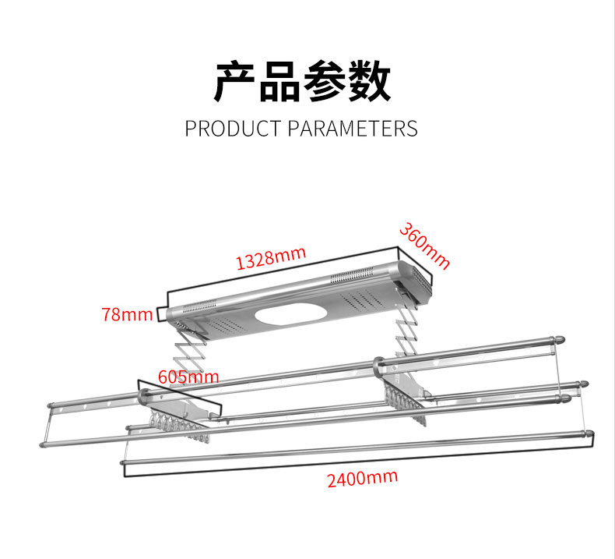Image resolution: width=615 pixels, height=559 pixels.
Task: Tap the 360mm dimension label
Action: [x=425, y=246]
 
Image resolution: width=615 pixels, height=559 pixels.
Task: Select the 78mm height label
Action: [x=127, y=315]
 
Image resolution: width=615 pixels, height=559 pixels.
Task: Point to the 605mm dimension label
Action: [x=188, y=377]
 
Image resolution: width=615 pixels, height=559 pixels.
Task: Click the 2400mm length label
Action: [x=362, y=477]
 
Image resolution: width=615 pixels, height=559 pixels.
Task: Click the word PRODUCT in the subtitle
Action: [x=234, y=128]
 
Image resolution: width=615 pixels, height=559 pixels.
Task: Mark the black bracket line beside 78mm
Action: [x=161, y=313]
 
